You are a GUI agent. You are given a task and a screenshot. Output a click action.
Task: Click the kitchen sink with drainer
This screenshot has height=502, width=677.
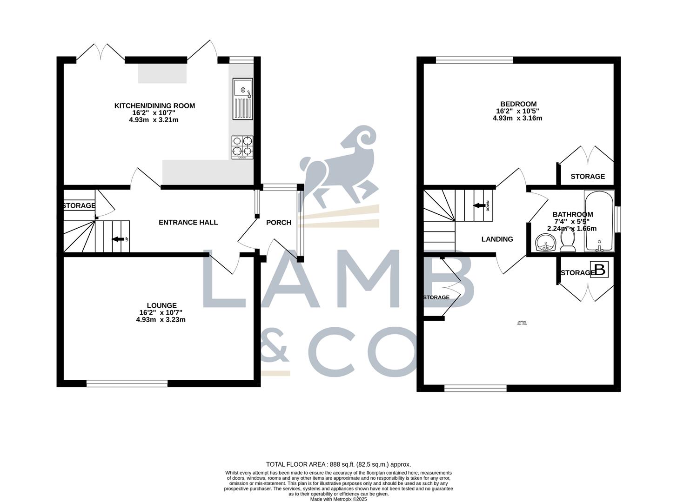pos(242,99)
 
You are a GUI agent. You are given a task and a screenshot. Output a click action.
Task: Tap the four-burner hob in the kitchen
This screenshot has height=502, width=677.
pos(242,147)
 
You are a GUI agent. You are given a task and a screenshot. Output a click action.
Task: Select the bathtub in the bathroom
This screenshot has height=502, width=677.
pos(599,221)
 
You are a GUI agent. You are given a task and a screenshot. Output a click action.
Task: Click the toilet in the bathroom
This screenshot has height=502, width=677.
pos(568,241)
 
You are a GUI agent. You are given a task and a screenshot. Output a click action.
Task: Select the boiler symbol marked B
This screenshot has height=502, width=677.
pos(600,270)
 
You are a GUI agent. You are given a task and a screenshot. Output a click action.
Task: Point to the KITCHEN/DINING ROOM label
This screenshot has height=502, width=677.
pos(154,106)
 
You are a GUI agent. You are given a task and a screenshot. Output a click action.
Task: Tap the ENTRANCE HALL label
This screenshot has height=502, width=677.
pos(188,222)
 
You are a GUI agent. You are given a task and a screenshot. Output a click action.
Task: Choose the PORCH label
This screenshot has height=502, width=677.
pos(278,223)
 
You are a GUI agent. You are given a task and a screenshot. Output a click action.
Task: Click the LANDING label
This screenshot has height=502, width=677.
pos(497,239)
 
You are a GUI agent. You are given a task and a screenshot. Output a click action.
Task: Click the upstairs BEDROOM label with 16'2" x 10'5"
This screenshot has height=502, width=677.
pos(518,104)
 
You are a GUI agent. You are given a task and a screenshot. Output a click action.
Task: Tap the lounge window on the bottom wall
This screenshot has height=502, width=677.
pos(127,383)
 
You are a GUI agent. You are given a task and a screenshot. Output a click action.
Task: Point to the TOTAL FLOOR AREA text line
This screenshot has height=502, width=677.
pos(338,464)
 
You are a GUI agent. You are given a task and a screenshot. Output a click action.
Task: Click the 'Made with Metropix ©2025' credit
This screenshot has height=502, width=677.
pos(338,499)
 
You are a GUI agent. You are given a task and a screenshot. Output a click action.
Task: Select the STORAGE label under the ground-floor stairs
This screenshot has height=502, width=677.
pos(79,205)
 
